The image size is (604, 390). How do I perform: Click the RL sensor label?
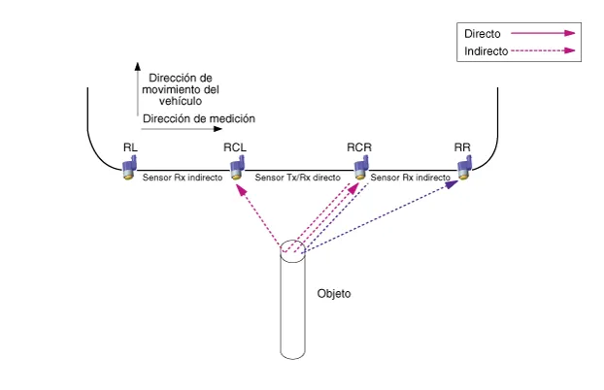pos(129,147)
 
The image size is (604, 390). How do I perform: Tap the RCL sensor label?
pos(234,147)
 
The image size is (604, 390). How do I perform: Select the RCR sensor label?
pos(359,147)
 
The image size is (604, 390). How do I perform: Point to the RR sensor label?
pos(462,147)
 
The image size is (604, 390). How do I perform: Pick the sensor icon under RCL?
pos(236,169)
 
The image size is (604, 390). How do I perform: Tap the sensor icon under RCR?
pos(361,169)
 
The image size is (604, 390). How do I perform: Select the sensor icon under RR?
pos(464,169)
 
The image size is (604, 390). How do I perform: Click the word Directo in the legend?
pos(484,33)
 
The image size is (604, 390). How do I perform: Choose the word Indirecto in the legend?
pos(488,50)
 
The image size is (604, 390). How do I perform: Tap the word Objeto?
pos(334,292)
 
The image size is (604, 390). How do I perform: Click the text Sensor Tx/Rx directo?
pos(297,179)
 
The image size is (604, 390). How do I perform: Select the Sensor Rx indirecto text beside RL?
pos(183,179)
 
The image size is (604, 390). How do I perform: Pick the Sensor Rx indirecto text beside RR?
pos(410,179)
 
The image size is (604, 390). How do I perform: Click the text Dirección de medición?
pos(198,118)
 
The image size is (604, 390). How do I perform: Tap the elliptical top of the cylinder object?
pos(294,249)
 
